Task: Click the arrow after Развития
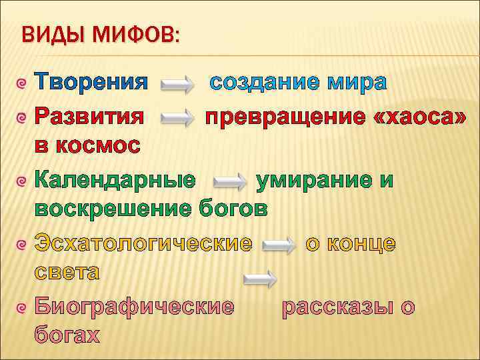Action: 176,117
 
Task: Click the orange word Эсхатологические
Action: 143,243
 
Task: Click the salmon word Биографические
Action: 134,307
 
